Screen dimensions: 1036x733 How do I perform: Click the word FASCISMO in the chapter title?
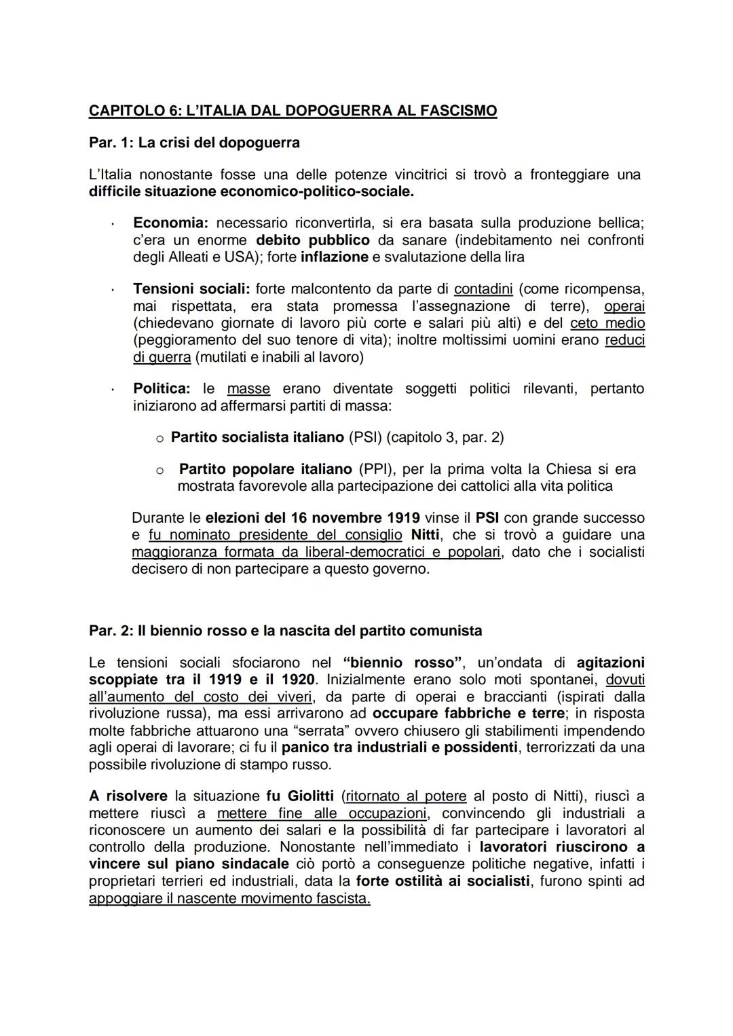(459, 111)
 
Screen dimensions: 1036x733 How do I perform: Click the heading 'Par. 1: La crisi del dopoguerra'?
(194, 143)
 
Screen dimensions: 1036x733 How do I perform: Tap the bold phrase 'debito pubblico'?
(313, 240)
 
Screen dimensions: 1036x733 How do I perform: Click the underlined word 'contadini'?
(483, 289)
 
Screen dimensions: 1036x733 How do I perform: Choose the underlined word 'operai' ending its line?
(624, 306)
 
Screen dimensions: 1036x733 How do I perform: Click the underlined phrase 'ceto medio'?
(607, 323)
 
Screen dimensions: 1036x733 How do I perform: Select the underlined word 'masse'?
(248, 389)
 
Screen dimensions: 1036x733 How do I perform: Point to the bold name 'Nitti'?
(425, 535)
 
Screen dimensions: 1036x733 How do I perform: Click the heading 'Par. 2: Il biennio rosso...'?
(285, 631)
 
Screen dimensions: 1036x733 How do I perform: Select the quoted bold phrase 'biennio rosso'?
(403, 663)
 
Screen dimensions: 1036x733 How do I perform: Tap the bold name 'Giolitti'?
(310, 796)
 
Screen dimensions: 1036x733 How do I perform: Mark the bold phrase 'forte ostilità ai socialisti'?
(443, 881)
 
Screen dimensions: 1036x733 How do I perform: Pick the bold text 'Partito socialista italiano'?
(257, 437)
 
